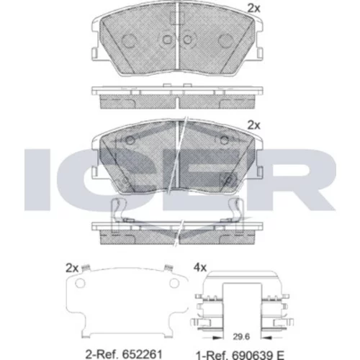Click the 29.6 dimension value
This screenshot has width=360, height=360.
[x=241, y=337]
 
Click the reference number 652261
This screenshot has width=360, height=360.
[x=143, y=354]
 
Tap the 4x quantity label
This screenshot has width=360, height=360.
[x=200, y=267]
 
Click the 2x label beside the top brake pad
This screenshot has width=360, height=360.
[x=253, y=9]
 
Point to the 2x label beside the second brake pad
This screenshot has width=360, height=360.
[x=253, y=125]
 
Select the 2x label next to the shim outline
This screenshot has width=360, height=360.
[x=72, y=269]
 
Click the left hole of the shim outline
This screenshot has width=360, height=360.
[x=80, y=283]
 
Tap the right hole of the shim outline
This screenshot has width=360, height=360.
[x=174, y=283]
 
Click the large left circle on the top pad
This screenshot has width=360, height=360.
[x=128, y=40]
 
